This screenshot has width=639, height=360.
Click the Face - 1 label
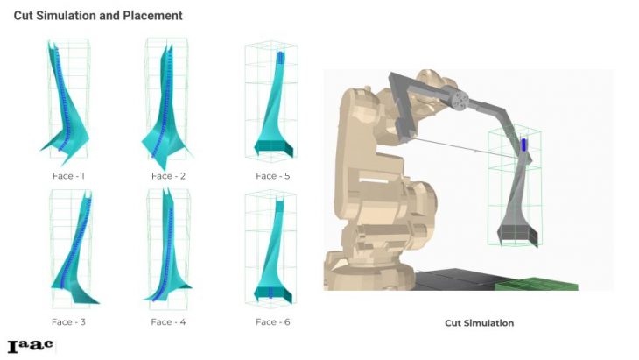pos(68,176)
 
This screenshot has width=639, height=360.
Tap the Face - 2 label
pos(168,176)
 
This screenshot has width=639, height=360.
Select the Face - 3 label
pos(68,322)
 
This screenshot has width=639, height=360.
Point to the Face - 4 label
pos(168,322)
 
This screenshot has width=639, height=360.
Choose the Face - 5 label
pos(272,176)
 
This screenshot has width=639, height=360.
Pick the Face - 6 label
pos(272,322)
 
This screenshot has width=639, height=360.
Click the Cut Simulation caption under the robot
pos(480,323)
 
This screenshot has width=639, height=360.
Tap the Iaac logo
pos(30,346)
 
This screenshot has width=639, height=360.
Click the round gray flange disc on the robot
pos(460,101)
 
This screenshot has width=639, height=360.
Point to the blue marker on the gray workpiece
pos(523,145)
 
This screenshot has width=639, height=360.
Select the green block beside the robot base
pos(537,285)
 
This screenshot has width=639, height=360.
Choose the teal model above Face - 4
pos(168,253)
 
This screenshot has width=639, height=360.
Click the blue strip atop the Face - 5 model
pos(280,58)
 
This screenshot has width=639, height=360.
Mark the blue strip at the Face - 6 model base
pos(270,293)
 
